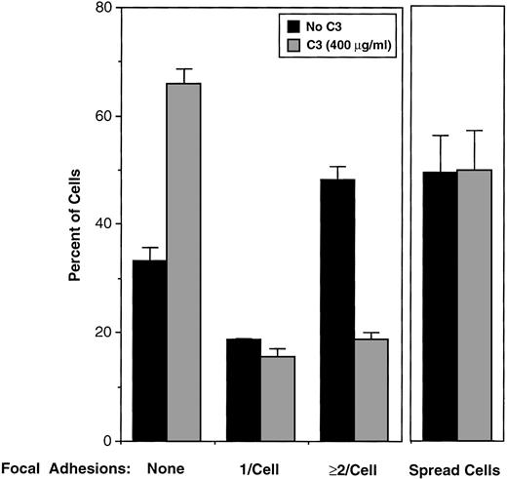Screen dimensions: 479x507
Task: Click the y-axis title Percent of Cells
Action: tap(74, 224)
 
